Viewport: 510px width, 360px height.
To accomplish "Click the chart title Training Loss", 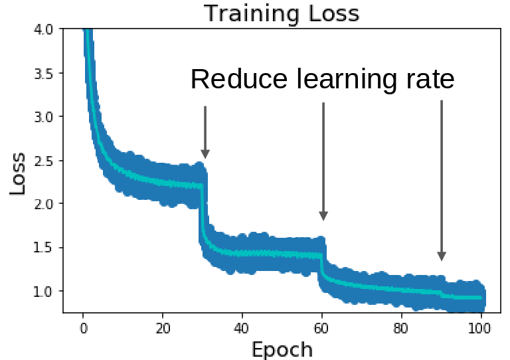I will tap(281, 13).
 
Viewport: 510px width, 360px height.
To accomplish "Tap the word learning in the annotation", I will tap(344, 80).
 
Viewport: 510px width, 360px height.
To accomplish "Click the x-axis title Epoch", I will tap(281, 348).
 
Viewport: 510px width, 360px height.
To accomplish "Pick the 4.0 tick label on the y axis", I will tap(44, 29).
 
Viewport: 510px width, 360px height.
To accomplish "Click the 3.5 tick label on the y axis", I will tap(44, 73).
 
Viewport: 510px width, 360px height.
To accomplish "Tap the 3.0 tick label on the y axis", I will tap(44, 116).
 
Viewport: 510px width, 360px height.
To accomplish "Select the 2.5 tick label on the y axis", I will tap(44, 160).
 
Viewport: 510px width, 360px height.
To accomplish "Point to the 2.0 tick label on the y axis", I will tap(44, 204).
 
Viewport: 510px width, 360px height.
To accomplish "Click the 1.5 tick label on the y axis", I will tap(44, 247).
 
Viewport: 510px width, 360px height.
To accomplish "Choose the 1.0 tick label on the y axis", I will tap(44, 291).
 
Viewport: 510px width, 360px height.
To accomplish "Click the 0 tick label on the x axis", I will tap(83, 327).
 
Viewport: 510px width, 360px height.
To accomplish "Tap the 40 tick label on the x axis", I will tap(242, 327).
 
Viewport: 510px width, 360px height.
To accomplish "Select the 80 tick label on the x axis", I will tap(400, 327).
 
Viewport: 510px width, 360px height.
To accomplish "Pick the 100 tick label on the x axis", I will tap(480, 327).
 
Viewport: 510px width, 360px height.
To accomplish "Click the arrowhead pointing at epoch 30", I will tap(205, 154).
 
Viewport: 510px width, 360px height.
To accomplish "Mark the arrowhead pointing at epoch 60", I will tap(323, 215).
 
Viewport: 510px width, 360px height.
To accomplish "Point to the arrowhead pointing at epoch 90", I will tap(442, 256).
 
